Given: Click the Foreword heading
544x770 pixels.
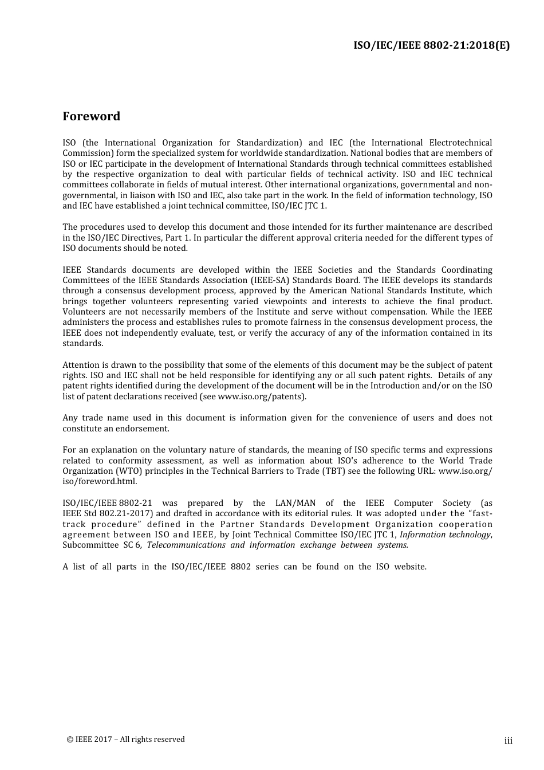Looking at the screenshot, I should (92, 116).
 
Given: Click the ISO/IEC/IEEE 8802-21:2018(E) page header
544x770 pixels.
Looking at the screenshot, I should (431, 46).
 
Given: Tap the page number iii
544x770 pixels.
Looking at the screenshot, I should (508, 741).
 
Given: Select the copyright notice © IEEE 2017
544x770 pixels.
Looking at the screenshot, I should (126, 739).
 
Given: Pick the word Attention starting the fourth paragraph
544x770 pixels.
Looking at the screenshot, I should (81, 365).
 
